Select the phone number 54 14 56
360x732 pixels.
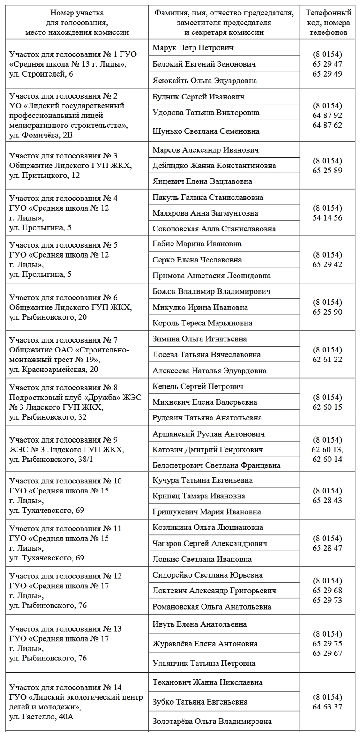(x=327, y=218)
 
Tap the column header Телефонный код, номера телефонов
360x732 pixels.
(x=327, y=23)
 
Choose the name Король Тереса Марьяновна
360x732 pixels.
(x=202, y=323)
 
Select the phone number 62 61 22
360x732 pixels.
(x=327, y=360)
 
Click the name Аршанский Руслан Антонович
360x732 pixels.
(x=208, y=434)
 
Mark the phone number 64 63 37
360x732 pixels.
(x=327, y=707)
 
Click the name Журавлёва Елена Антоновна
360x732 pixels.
(x=204, y=644)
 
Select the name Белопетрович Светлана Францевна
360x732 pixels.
(x=216, y=465)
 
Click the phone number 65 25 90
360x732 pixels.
(x=327, y=312)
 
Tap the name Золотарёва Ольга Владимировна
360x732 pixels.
(x=212, y=722)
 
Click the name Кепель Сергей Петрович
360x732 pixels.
(x=198, y=386)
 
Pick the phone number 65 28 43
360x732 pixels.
(x=327, y=501)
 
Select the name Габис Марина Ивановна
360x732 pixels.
(x=197, y=244)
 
